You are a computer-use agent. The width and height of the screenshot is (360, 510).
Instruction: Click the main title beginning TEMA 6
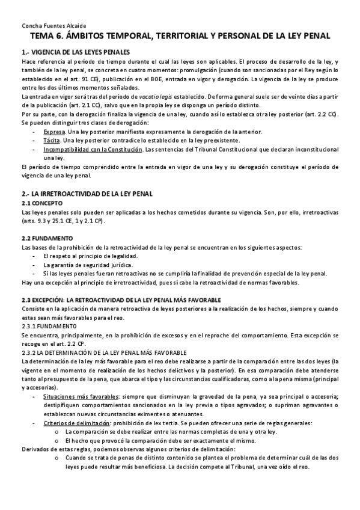pyautogui.click(x=180, y=37)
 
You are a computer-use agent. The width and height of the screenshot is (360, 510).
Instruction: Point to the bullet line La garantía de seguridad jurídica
pyautogui.click(x=88, y=265)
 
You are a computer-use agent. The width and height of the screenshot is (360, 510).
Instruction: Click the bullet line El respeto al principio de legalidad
pyautogui.click(x=89, y=256)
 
